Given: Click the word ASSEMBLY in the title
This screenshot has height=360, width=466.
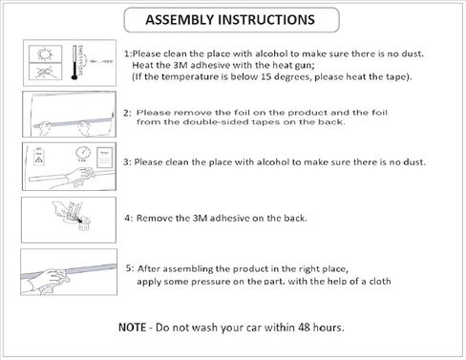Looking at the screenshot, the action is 180,20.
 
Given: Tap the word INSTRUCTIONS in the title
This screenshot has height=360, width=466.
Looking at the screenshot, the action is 266,20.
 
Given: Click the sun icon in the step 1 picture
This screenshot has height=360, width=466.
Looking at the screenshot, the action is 45,53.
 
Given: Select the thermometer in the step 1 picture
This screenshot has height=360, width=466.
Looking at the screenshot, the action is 74,62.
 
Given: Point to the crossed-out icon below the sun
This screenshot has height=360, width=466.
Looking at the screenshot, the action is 45,72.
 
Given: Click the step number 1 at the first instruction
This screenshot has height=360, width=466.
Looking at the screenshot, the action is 127,53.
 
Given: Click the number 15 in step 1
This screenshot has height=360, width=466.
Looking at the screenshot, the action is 265,77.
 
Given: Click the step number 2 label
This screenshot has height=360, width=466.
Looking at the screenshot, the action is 126,113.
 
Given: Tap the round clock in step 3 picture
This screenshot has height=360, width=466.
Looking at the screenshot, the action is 83,153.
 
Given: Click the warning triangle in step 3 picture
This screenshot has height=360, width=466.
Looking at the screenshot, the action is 38,159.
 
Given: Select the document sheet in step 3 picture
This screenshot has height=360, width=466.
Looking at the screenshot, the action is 105,158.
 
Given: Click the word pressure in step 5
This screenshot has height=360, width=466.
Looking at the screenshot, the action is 211,282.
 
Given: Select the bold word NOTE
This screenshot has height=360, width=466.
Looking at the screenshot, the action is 132,328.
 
